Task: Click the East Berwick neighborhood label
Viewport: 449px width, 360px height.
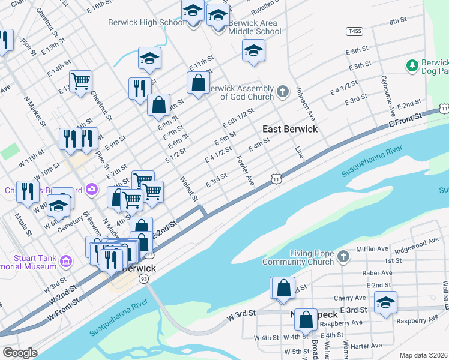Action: tap(289, 129)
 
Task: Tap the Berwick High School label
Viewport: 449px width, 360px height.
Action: tap(146, 23)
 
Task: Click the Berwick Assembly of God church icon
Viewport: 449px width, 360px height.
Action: tap(283, 92)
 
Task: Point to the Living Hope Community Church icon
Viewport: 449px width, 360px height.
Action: tap(342, 257)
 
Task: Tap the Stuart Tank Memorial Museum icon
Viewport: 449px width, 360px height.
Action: tap(66, 262)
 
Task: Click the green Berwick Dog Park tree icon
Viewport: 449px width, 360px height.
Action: tap(412, 65)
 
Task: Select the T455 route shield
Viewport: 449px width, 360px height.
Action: tap(354, 31)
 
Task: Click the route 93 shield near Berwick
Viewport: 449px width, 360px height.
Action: tap(143, 279)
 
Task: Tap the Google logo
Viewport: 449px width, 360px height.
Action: tap(20, 353)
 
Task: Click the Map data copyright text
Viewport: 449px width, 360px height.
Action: tap(423, 355)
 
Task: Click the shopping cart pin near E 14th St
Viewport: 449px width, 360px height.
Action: tap(80, 81)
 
